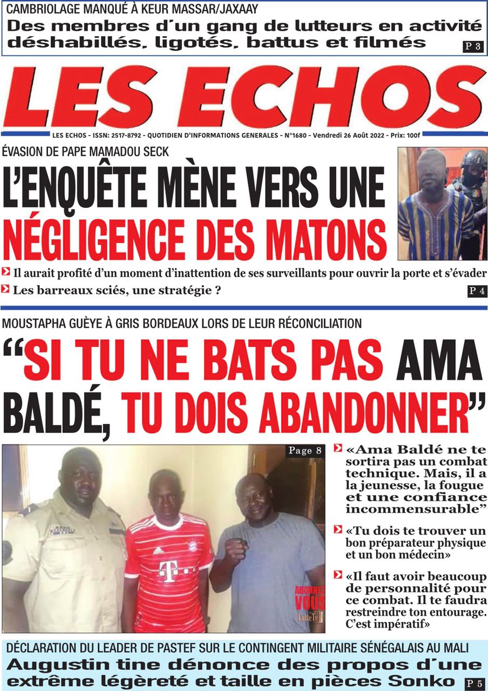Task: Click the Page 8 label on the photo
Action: (x=305, y=451)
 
